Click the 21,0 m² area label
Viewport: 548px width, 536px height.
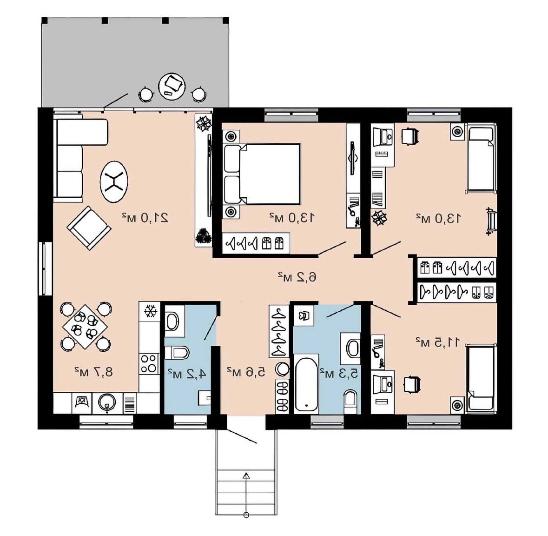point(145,218)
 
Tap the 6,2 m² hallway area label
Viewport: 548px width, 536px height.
point(297,277)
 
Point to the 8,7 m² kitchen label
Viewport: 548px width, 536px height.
point(93,372)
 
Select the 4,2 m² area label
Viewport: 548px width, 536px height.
point(187,374)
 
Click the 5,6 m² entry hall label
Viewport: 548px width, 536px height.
point(246,372)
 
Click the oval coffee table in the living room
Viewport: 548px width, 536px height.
point(114,181)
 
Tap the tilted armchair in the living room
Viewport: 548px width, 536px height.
point(89,228)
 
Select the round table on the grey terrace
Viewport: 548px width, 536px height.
point(172,87)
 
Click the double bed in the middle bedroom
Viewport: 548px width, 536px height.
point(261,174)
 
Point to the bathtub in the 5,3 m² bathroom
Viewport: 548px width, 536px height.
point(306,384)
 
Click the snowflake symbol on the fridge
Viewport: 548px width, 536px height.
point(150,311)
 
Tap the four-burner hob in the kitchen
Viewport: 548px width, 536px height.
point(149,364)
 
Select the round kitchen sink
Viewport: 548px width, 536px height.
point(107,403)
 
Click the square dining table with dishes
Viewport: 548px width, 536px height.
point(85,327)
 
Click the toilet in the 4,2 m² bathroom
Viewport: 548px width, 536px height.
point(177,352)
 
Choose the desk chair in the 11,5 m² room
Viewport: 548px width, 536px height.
point(412,384)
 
